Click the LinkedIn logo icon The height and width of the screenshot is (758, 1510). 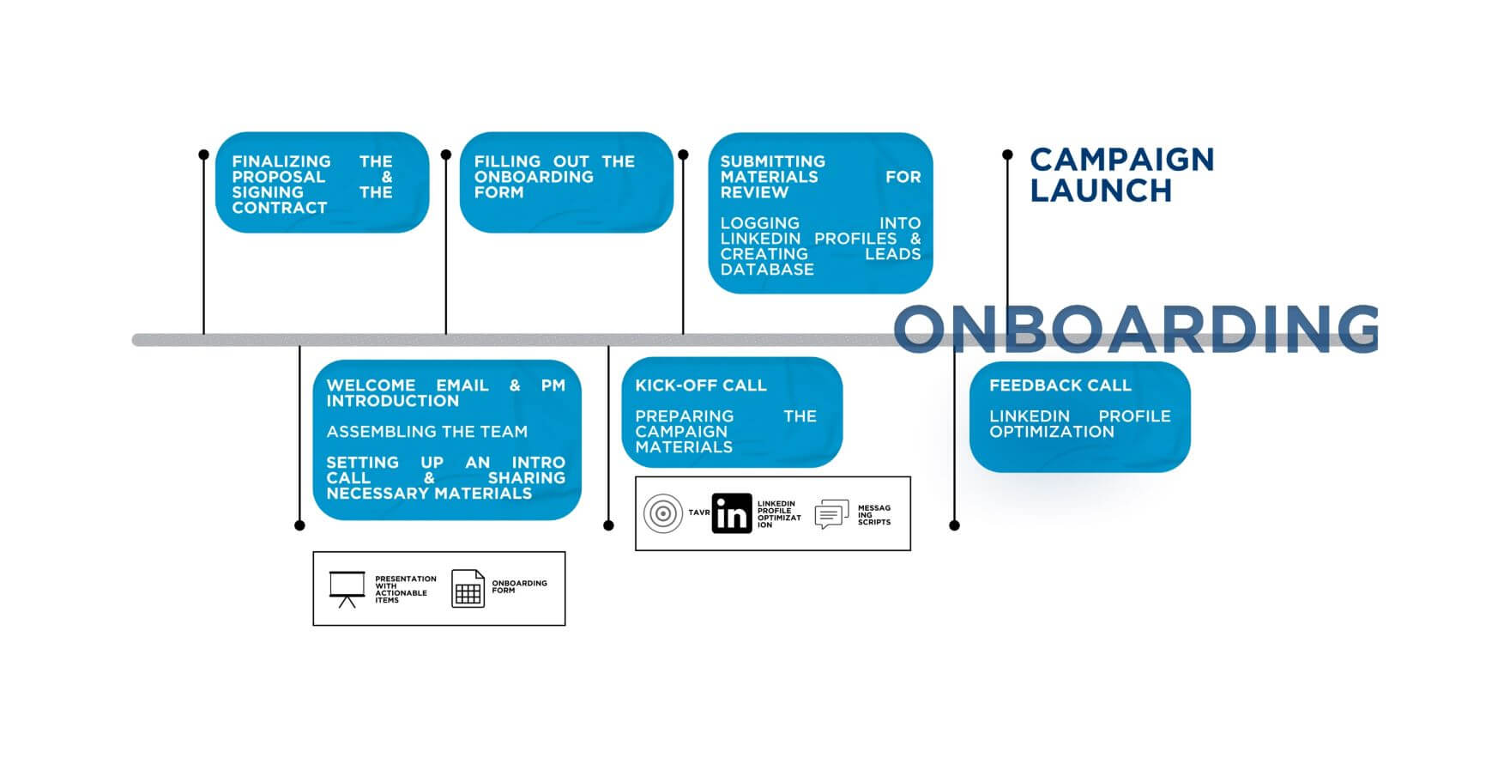pyautogui.click(x=732, y=513)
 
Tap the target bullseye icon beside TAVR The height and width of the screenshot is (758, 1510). pyautogui.click(x=663, y=513)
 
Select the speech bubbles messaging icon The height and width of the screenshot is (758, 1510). pyautogui.click(x=831, y=513)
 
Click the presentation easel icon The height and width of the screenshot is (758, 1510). pyautogui.click(x=347, y=589)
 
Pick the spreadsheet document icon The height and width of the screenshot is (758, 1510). pyautogui.click(x=468, y=589)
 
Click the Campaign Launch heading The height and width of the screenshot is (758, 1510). pyautogui.click(x=1122, y=174)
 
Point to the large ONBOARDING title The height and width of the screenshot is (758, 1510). pyautogui.click(x=1137, y=328)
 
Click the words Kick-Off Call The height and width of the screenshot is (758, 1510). pyautogui.click(x=701, y=385)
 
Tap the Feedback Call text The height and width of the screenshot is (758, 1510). pyautogui.click(x=1060, y=385)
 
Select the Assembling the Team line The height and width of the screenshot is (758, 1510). pyautogui.click(x=427, y=432)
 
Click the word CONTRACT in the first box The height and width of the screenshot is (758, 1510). pyautogui.click(x=280, y=208)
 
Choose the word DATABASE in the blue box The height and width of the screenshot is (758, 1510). pyautogui.click(x=767, y=270)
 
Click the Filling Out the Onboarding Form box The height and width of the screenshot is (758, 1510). pyautogui.click(x=566, y=182)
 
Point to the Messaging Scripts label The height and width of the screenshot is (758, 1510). pyautogui.click(x=874, y=515)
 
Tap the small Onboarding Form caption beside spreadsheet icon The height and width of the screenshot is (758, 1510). pyautogui.click(x=519, y=586)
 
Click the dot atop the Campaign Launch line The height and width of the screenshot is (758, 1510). pyautogui.click(x=1007, y=155)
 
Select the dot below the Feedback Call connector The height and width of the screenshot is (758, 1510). pyautogui.click(x=955, y=525)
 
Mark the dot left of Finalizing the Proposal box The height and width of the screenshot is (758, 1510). pyautogui.click(x=203, y=155)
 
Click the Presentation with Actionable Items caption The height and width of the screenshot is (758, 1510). pyautogui.click(x=406, y=590)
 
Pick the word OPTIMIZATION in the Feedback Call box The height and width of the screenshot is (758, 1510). pyautogui.click(x=1052, y=432)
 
